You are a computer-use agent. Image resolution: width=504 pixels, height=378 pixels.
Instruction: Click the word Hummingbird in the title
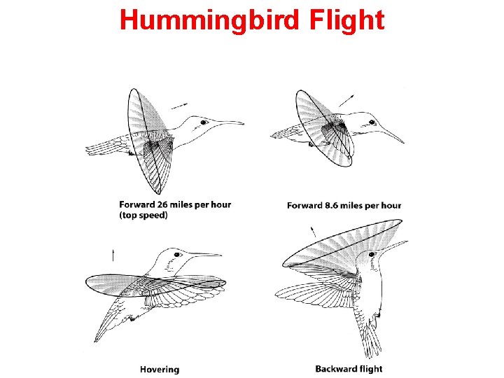(x=209, y=20)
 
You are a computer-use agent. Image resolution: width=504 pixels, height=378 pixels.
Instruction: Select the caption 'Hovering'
(x=159, y=369)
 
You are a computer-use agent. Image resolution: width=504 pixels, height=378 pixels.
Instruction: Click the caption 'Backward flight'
(x=349, y=369)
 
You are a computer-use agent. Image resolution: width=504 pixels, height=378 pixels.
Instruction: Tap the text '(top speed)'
(x=143, y=216)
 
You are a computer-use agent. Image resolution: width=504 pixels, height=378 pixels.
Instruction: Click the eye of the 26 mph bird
(x=204, y=122)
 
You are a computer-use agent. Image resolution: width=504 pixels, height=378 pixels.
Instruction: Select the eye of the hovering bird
(x=178, y=255)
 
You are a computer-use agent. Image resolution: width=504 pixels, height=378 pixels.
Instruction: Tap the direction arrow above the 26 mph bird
(x=179, y=106)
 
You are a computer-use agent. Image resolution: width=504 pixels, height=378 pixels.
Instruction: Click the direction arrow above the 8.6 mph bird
(x=346, y=102)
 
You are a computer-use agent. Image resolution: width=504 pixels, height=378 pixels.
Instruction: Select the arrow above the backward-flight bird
(x=312, y=230)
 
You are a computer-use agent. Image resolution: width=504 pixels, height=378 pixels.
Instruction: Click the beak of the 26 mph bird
(x=230, y=122)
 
